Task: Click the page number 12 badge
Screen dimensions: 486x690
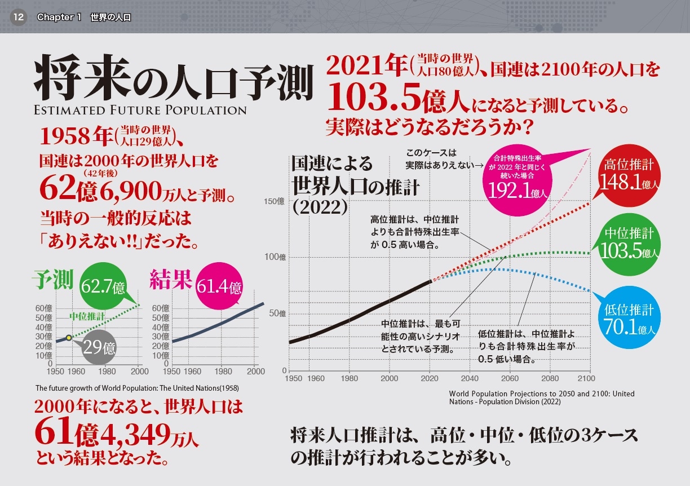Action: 18,17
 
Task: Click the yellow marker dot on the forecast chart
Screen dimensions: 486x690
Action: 68,337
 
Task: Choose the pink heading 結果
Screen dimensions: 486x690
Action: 171,280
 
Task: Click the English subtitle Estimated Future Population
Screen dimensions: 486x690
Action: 140,109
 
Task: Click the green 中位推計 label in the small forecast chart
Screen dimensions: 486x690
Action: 87,316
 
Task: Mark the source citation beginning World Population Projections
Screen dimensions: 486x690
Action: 541,397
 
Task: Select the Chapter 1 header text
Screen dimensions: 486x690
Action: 84,17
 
